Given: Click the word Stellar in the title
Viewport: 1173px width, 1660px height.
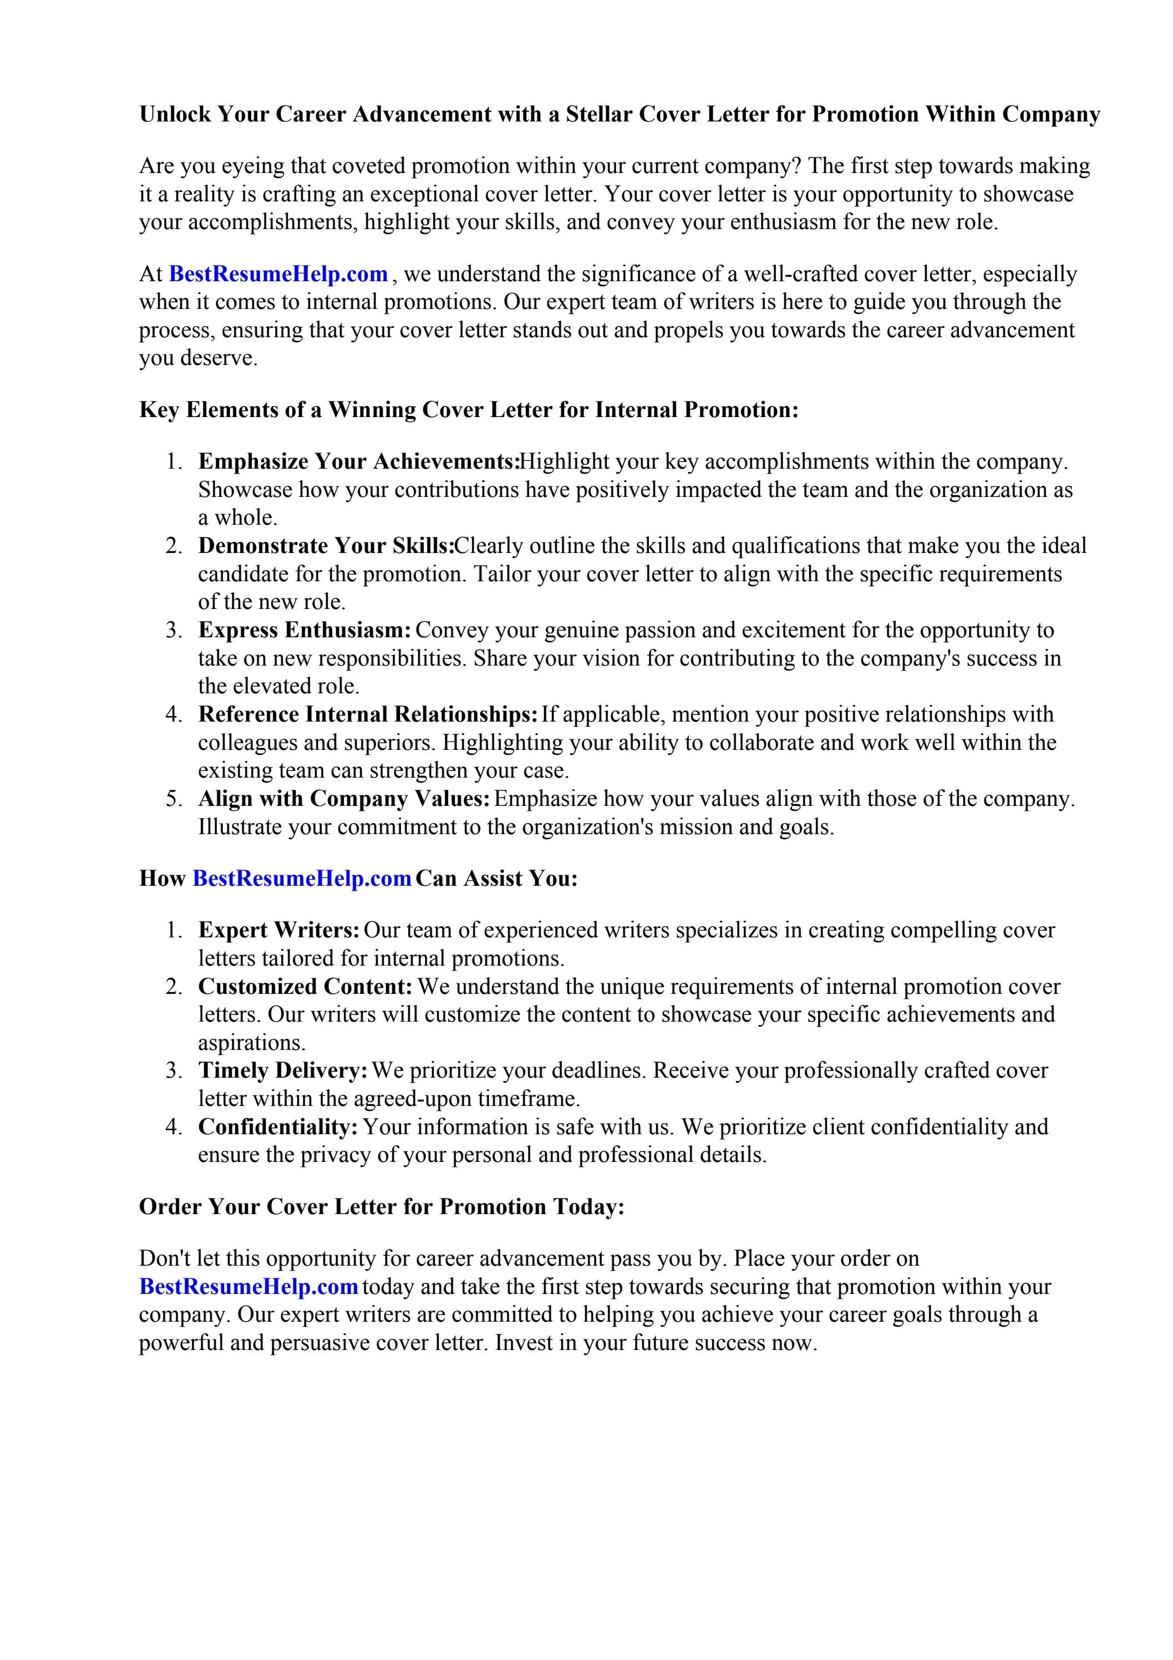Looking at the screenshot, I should pyautogui.click(x=597, y=114).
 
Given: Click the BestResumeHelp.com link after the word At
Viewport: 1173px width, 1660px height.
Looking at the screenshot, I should pyautogui.click(x=278, y=274).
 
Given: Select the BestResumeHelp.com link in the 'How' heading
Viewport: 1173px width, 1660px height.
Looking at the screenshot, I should pyautogui.click(x=302, y=879).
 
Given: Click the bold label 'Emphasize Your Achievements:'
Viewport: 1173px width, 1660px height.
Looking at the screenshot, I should pyautogui.click(x=359, y=461).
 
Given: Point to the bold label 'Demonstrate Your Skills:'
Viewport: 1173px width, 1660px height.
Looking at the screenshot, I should pyautogui.click(x=326, y=546).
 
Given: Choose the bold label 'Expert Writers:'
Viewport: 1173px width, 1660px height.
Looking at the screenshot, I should pyautogui.click(x=279, y=930).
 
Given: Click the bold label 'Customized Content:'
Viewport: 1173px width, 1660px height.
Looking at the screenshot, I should pyautogui.click(x=305, y=986).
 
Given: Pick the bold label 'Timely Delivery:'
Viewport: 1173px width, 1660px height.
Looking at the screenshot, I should pyautogui.click(x=283, y=1071).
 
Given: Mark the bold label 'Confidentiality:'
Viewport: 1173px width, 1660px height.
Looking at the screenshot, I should pyautogui.click(x=278, y=1127).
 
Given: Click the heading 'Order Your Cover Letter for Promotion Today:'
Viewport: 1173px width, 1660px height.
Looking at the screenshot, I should pyautogui.click(x=381, y=1207).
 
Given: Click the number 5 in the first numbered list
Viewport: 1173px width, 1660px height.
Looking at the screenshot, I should pyautogui.click(x=173, y=799).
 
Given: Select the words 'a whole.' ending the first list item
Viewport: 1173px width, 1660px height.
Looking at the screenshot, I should pyautogui.click(x=238, y=517).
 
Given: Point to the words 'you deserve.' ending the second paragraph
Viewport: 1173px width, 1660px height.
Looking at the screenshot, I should pyautogui.click(x=198, y=358).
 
